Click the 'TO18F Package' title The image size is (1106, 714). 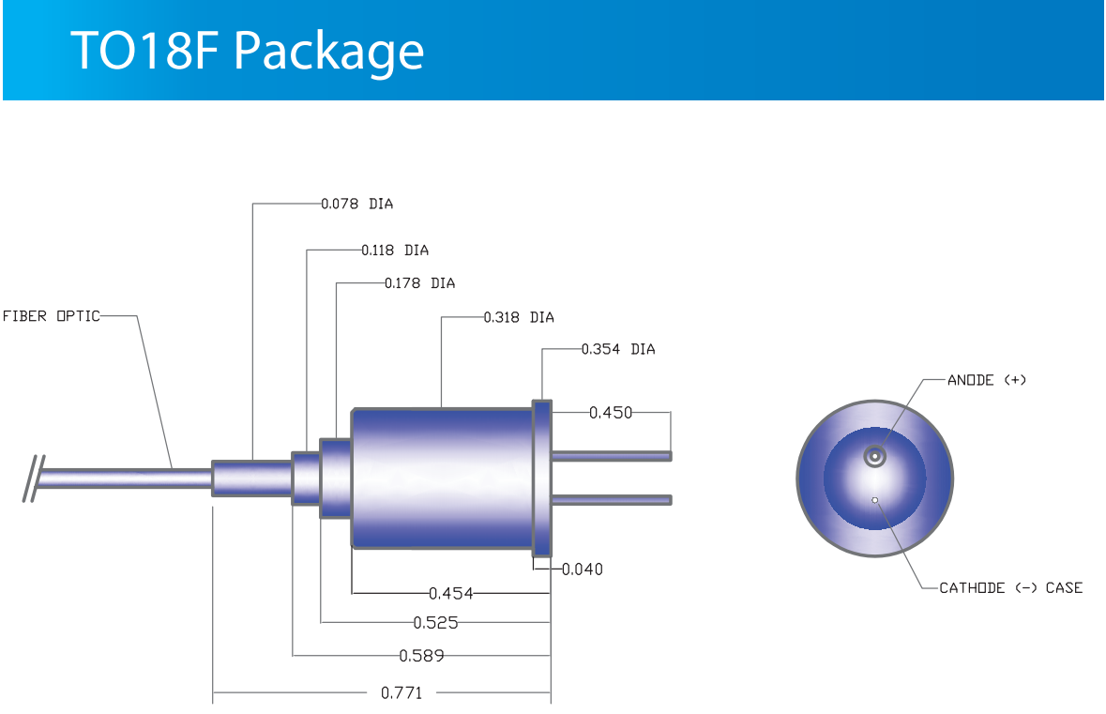247,52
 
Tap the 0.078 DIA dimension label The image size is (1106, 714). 356,204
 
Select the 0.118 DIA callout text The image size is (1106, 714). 395,251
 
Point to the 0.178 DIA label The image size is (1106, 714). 419,283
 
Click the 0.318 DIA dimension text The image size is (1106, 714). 519,317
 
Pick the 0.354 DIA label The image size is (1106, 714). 618,349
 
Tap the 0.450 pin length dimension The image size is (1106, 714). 611,413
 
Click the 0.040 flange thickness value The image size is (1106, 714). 582,570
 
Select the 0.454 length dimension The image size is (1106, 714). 450,593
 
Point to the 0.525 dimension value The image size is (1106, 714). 435,623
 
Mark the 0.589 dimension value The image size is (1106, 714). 422,656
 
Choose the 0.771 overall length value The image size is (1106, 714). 401,693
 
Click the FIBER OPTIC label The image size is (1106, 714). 52,316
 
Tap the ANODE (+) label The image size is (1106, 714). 987,380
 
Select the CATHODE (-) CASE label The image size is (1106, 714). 1010,587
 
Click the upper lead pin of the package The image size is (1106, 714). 612,457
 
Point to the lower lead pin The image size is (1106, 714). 612,500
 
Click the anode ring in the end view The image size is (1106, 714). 875,457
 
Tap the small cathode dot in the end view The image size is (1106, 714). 875,500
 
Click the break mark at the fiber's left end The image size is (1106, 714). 33,479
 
